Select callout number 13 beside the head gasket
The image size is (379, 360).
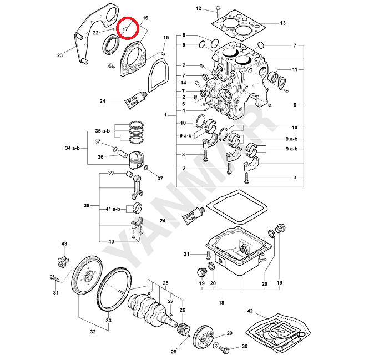(282, 23)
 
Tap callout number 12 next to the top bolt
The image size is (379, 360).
(199, 8)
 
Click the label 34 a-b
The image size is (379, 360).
(73, 149)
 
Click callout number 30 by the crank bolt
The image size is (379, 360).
(244, 347)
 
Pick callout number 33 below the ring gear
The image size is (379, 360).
(109, 320)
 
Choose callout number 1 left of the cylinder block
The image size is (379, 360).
(165, 115)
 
